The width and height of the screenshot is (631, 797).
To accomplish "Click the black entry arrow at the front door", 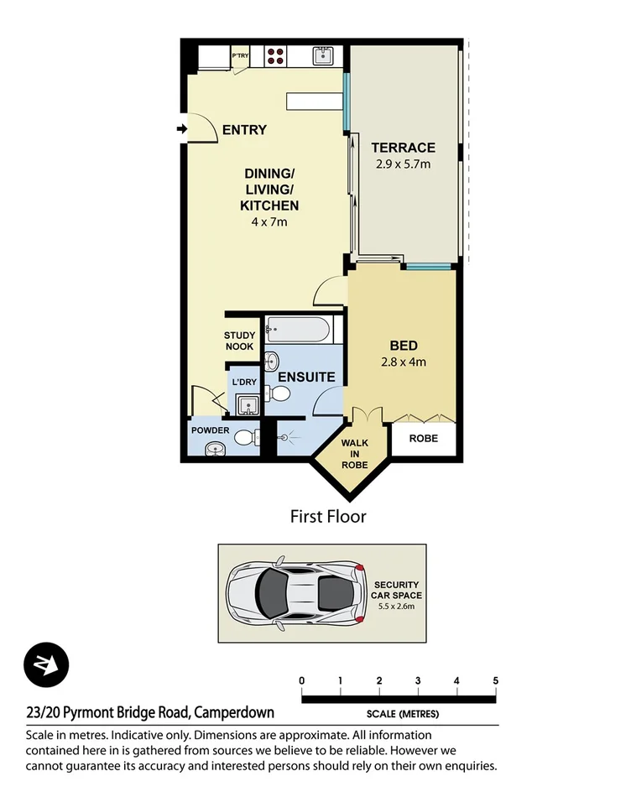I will coord(182,129).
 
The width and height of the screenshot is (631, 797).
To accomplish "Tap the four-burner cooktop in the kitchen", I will coord(276,56).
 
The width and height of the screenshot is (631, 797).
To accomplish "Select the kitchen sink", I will coord(324,56).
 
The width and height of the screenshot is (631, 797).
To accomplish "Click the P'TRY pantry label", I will coord(241,56).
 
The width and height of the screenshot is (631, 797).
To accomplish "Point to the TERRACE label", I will coord(403,148).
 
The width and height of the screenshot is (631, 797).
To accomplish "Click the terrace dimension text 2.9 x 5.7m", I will coord(403,164).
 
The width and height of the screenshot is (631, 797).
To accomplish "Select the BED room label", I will coord(403,346).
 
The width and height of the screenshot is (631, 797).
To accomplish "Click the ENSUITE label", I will coord(307,378).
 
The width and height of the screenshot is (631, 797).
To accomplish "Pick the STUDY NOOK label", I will coord(240,341).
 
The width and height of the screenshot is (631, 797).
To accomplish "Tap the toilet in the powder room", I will coord(244,437).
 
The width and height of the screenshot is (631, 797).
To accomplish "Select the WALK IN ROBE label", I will coord(354,453).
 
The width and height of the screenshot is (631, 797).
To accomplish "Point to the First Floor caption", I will coord(328,517).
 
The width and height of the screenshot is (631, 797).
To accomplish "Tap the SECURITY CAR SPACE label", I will coord(397,590).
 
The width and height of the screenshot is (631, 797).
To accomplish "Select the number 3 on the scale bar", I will coord(418,680).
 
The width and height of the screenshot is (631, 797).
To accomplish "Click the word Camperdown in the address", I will coord(234,713).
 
